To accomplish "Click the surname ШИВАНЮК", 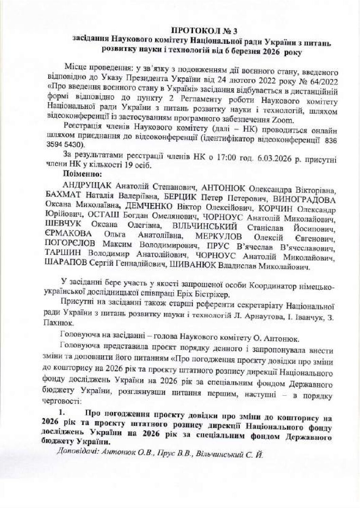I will point(191,266).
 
